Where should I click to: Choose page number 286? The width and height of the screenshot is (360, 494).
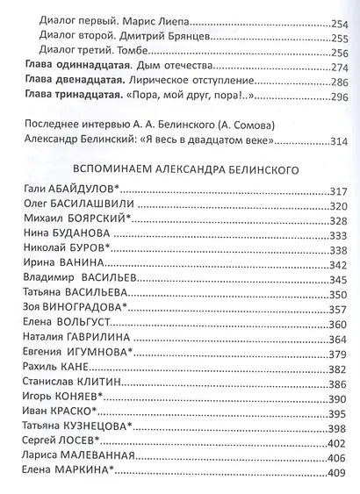pyautogui.click(x=340, y=84)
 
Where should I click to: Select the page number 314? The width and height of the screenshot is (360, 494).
pyautogui.click(x=340, y=140)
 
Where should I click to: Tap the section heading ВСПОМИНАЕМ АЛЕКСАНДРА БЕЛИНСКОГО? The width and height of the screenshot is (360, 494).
pyautogui.click(x=182, y=171)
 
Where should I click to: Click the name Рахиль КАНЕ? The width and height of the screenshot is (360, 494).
pyautogui.click(x=57, y=369)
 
